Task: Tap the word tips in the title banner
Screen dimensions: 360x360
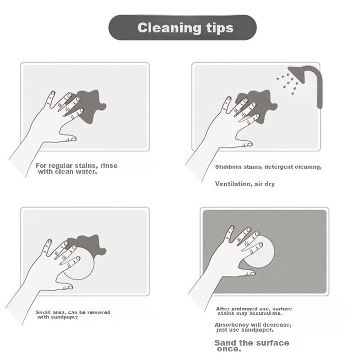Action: tap(220, 28)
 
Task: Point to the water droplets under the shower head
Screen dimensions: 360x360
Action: tap(287, 84)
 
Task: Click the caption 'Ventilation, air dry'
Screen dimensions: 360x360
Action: tap(245, 184)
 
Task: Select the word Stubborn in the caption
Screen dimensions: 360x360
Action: tap(229, 166)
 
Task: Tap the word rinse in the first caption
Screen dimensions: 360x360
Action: tap(109, 166)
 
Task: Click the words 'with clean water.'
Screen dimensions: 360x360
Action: tap(67, 171)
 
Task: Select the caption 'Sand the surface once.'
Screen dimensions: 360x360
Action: tap(252, 346)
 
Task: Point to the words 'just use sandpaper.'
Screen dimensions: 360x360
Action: tap(245, 330)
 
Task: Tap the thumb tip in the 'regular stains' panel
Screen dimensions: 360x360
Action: tap(72, 139)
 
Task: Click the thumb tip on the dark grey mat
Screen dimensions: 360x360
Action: tap(252, 273)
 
